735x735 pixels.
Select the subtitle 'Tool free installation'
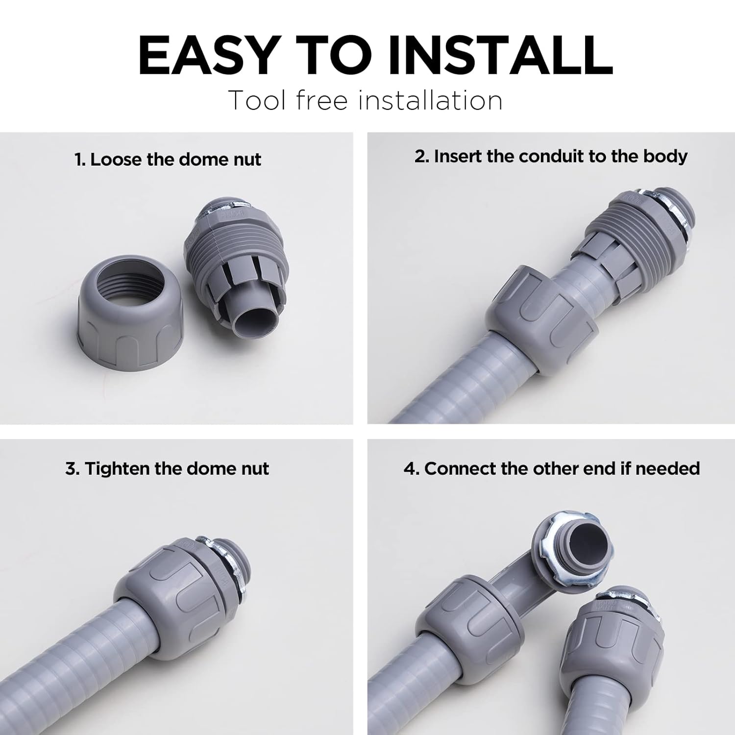(365, 100)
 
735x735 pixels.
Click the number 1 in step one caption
(79, 160)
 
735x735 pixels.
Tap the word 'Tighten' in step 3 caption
(118, 469)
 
